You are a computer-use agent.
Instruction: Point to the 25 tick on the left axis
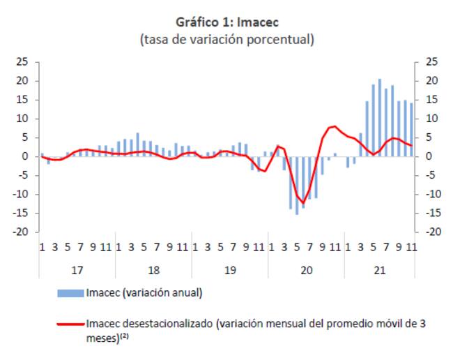coord(22,62)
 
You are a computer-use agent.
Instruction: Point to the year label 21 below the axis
coord(379,269)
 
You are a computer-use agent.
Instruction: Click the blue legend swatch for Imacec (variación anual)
coord(70,293)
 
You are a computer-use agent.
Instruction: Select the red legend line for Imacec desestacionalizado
coord(70,323)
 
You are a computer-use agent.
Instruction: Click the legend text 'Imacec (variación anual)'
coord(144,293)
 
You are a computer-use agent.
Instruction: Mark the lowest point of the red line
coord(302,202)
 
